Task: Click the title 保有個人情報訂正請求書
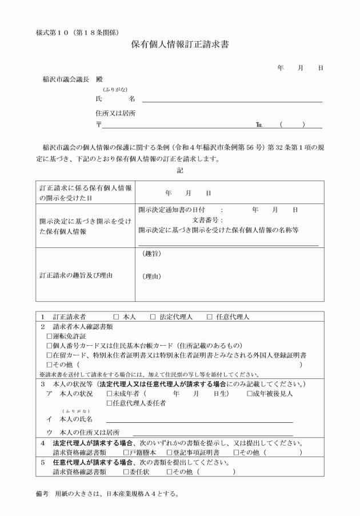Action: pyautogui.click(x=180, y=45)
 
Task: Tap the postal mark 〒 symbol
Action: pyautogui.click(x=99, y=125)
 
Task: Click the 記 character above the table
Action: pyautogui.click(x=180, y=170)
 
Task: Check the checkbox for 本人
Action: pyautogui.click(x=116, y=316)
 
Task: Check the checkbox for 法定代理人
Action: pyautogui.click(x=153, y=316)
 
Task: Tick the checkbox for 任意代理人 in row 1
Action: pyautogui.click(x=210, y=316)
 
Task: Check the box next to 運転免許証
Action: pyautogui.click(x=49, y=336)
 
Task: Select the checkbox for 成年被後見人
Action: pyautogui.click(x=250, y=393)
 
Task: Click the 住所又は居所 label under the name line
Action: pyautogui.click(x=116, y=113)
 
